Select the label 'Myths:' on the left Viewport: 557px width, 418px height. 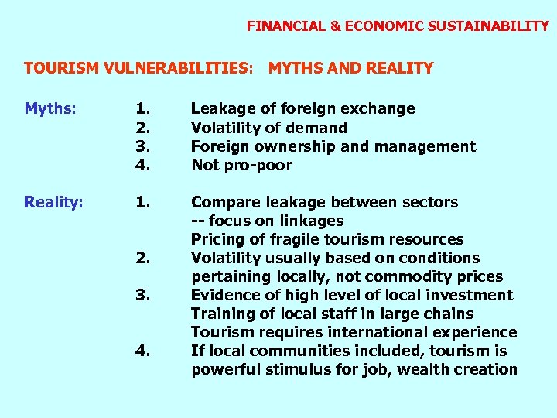pos(50,109)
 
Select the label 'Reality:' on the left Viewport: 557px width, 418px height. pos(53,202)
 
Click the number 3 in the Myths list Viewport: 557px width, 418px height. pos(142,146)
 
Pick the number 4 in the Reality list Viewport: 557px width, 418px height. pos(142,351)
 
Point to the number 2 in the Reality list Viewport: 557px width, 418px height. pos(142,258)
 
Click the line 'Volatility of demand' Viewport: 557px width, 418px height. pos(268,128)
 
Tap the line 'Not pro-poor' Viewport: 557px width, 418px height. pos(241,165)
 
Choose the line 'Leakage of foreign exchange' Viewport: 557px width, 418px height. pos(302,109)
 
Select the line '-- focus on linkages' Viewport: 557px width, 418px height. pos(267,221)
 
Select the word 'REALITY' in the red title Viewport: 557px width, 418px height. pos(392,68)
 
